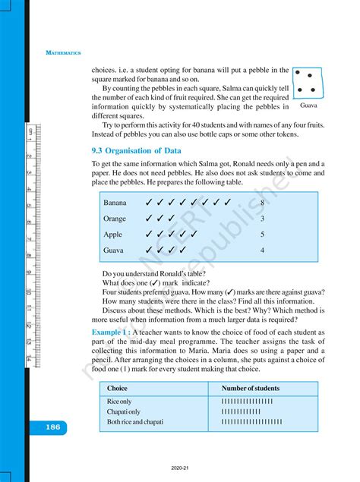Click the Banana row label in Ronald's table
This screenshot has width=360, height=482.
click(x=115, y=203)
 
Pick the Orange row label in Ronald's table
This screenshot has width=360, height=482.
click(x=115, y=219)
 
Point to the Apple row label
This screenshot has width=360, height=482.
click(x=113, y=235)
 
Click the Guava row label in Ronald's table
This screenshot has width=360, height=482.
click(x=114, y=250)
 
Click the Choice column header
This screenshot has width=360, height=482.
click(x=118, y=388)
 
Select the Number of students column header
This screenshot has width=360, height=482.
click(x=241, y=388)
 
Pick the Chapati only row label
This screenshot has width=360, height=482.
click(x=123, y=411)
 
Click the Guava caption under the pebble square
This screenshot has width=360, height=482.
click(x=307, y=107)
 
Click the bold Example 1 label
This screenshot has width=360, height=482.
click(x=112, y=332)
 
